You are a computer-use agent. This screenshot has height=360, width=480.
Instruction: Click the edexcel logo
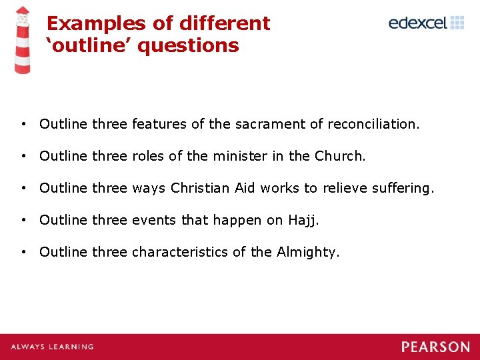point(426,23)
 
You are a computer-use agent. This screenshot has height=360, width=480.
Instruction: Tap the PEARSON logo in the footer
point(435,347)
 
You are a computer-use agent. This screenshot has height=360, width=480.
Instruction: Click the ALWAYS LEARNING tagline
point(52,347)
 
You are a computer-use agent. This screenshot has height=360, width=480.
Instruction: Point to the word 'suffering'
point(403,189)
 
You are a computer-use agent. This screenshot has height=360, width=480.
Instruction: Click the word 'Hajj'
point(302,221)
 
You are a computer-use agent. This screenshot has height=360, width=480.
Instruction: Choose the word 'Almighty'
point(307,252)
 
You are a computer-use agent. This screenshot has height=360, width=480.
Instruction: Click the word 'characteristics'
point(178,252)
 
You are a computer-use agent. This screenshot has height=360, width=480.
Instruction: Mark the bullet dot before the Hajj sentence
point(23,220)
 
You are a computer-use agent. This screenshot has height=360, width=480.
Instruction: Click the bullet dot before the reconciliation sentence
point(23,124)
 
